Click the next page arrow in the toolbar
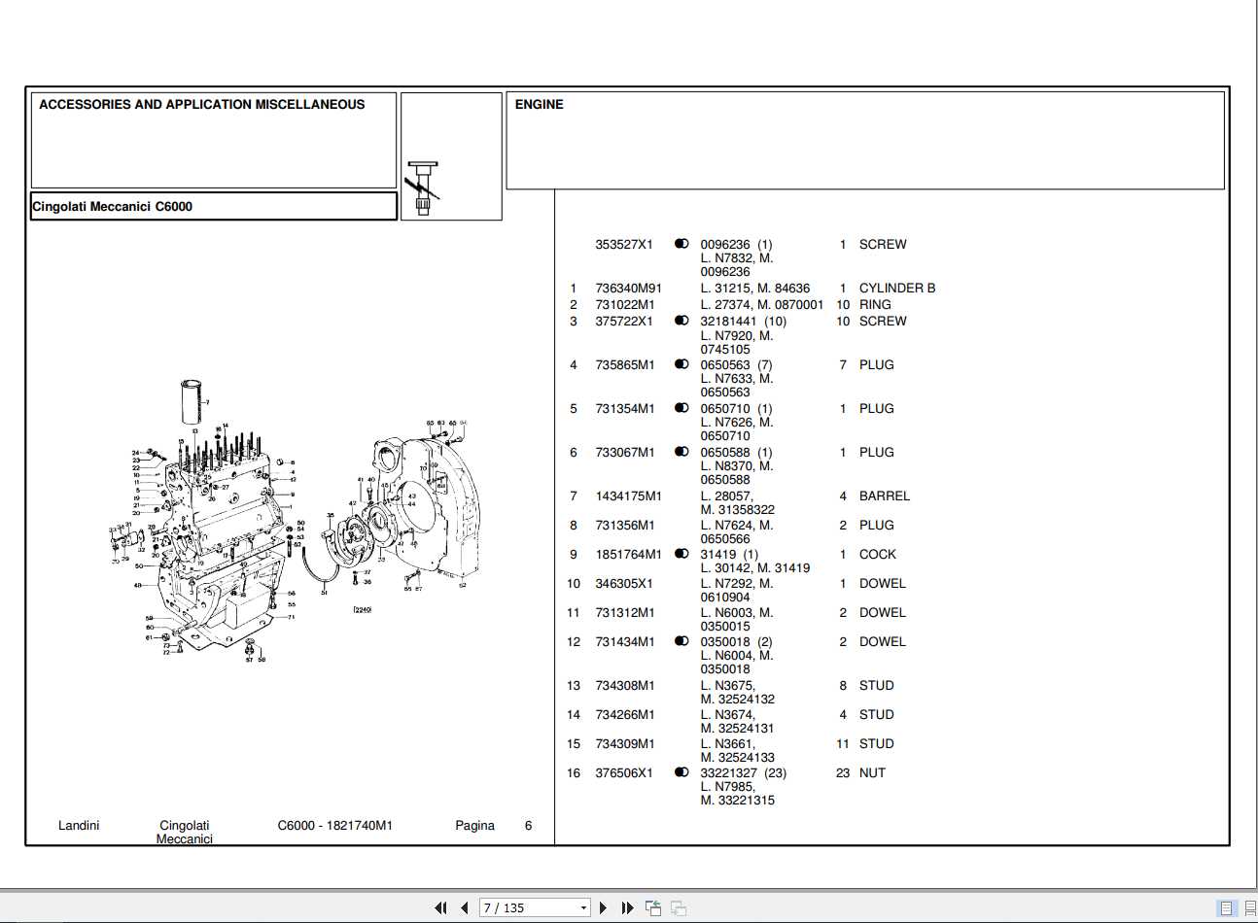coord(603,907)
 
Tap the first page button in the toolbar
coord(440,907)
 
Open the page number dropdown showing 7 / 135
coord(583,907)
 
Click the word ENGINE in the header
coord(539,105)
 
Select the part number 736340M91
coord(628,289)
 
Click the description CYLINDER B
coord(896,289)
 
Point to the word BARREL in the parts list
coord(884,496)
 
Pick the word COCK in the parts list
coord(877,555)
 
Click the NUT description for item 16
coord(872,773)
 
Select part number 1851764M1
coord(628,555)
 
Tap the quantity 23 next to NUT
coord(842,773)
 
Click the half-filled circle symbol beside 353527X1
coord(681,244)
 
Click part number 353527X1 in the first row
coord(624,245)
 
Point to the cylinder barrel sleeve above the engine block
coord(192,401)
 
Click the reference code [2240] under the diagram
coord(362,609)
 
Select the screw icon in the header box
coord(423,188)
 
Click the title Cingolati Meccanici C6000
coord(113,207)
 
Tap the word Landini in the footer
coord(79,826)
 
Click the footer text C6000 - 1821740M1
coord(334,826)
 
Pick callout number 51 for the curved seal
coord(324,592)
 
